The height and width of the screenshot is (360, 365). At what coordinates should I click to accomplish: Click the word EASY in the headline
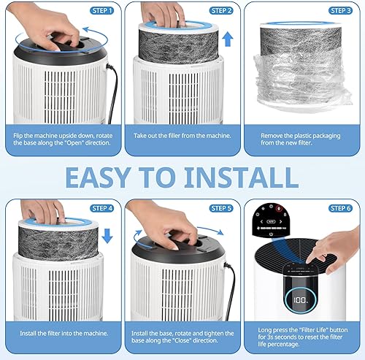109,177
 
